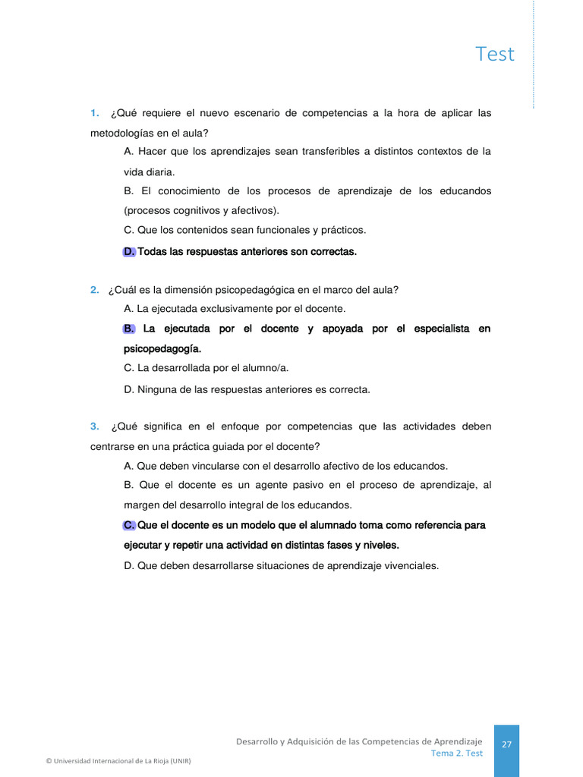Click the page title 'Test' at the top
(x=495, y=54)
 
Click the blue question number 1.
(x=95, y=113)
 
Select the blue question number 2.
(x=94, y=289)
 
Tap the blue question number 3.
(x=95, y=426)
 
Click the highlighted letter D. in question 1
(x=129, y=251)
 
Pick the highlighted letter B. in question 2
(x=129, y=329)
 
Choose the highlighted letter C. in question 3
(x=129, y=525)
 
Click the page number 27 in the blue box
(x=506, y=745)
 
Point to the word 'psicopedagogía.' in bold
(x=162, y=349)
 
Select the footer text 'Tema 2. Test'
(x=457, y=753)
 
